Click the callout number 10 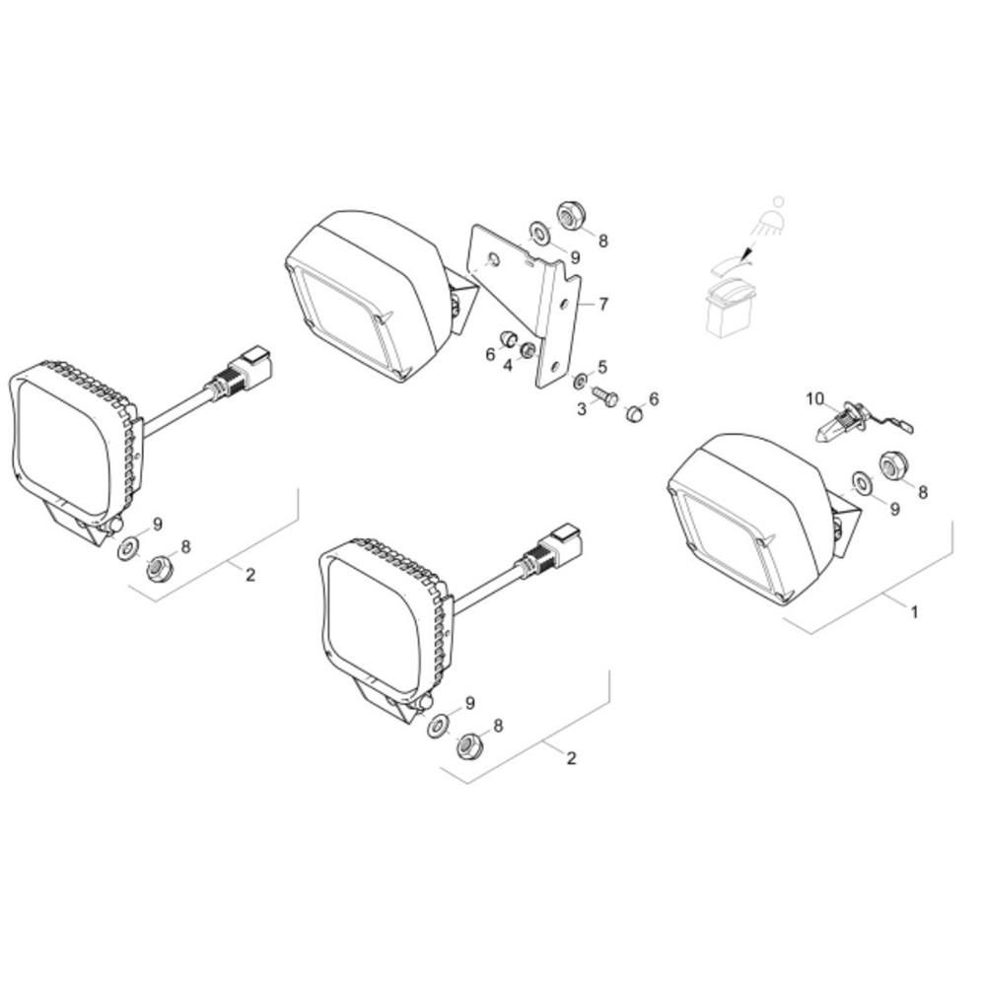coord(814,398)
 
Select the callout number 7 coord(603,305)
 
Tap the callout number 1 coord(915,611)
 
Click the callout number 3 coord(582,409)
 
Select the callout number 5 coord(602,367)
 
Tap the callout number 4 coord(508,365)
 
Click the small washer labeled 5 coord(581,380)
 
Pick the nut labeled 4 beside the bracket coord(528,350)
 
